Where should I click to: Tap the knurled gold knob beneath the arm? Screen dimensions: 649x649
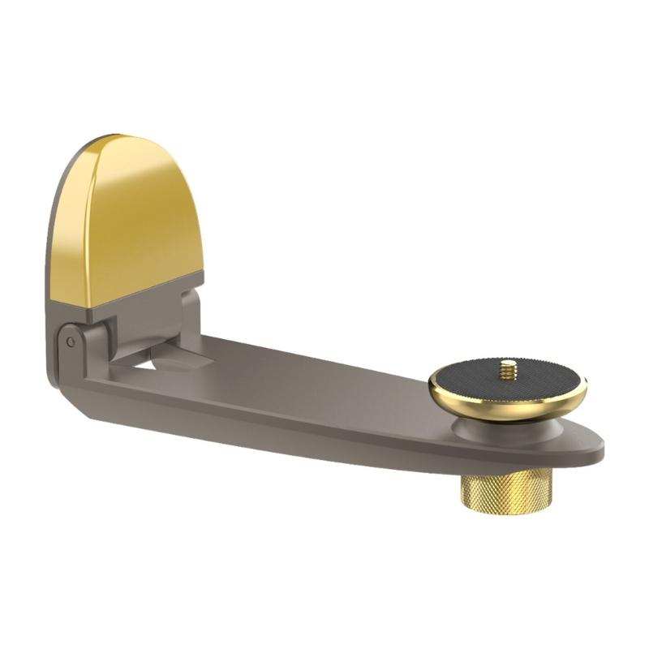489,491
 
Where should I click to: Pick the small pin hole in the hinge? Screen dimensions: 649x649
71,342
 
